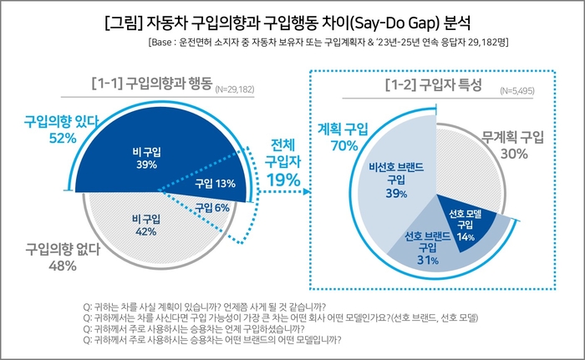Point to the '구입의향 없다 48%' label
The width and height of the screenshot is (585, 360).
(52, 256)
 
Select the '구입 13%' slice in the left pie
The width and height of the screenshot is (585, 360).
(216, 184)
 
